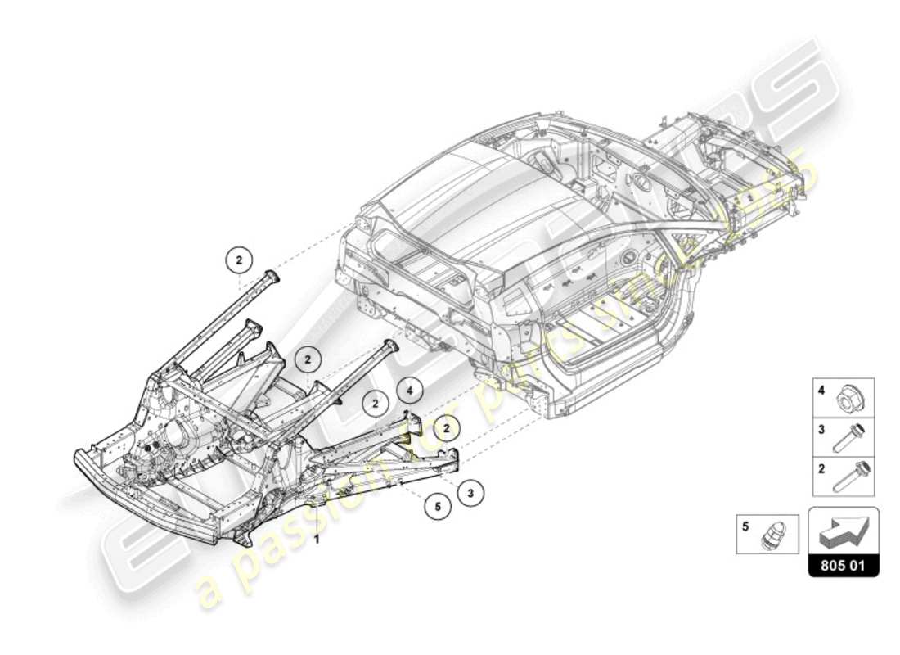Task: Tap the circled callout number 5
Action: [438, 507]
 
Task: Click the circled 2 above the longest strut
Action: [239, 260]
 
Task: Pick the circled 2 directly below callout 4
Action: [446, 427]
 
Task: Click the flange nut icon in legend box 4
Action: [852, 400]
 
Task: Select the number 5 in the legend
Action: [745, 527]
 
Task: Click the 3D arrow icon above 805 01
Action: [844, 533]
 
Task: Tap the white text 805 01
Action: [844, 566]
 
